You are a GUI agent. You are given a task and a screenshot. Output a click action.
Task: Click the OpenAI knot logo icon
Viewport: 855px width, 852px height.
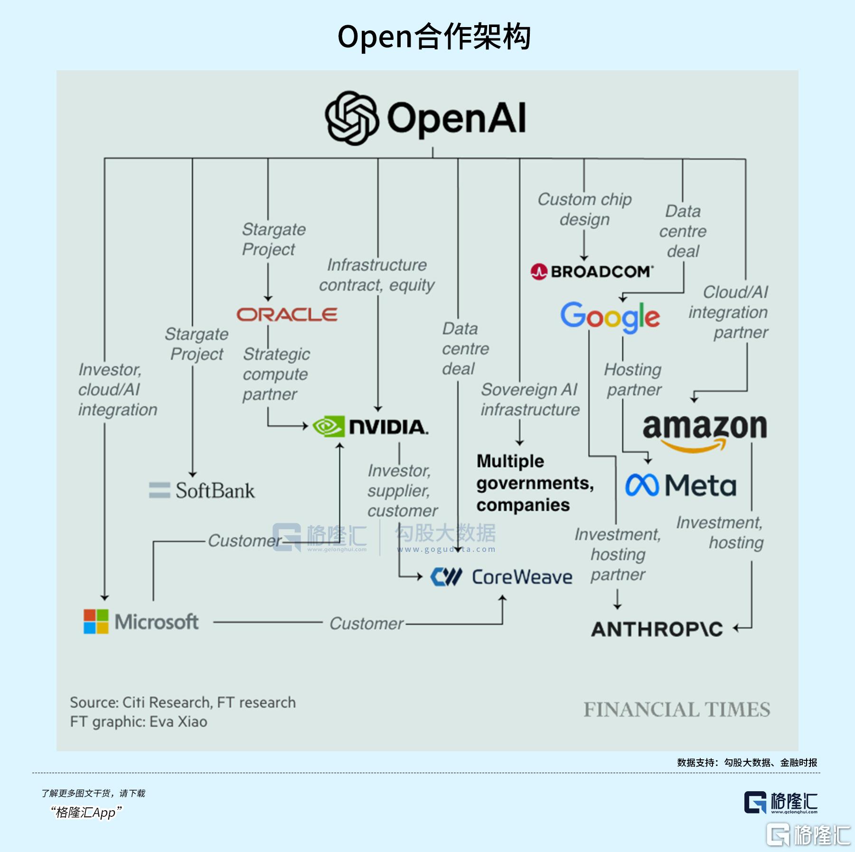click(x=352, y=118)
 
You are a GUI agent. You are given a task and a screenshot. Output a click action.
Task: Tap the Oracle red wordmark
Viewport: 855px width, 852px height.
click(x=287, y=314)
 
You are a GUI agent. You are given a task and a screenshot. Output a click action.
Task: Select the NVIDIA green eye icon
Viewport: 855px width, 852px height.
click(x=328, y=426)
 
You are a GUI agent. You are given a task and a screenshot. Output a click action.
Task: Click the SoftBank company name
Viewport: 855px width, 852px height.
click(x=215, y=491)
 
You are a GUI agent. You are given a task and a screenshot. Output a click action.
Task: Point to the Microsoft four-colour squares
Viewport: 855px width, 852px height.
click(x=96, y=622)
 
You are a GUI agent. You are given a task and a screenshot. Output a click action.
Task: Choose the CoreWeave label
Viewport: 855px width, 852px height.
click(x=522, y=577)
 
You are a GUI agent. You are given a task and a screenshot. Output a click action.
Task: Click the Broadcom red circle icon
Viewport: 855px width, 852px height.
click(x=539, y=272)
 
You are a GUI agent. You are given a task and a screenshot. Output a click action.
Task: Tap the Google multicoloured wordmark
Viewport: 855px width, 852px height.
click(x=610, y=317)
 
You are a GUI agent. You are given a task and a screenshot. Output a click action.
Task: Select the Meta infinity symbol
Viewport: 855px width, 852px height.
click(x=642, y=485)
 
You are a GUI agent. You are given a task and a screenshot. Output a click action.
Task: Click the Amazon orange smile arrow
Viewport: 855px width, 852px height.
click(x=693, y=446)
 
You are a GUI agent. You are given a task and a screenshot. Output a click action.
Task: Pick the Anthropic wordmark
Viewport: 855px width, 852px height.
click(x=657, y=629)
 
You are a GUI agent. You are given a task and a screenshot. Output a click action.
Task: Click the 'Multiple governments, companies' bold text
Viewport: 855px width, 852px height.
click(x=535, y=483)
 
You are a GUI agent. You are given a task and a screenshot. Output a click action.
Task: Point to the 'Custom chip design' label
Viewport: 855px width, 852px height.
click(x=584, y=209)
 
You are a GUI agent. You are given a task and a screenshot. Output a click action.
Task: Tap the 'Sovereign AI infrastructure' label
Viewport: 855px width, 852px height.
click(x=530, y=399)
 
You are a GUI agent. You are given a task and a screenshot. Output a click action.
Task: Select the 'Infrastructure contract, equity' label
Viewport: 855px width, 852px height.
click(x=376, y=275)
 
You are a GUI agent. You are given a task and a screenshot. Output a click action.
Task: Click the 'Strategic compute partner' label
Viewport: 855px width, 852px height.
click(x=276, y=374)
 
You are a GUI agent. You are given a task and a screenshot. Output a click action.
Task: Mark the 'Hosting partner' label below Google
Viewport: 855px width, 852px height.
click(x=633, y=379)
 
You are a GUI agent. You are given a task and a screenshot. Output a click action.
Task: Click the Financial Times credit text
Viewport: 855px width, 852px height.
click(x=676, y=710)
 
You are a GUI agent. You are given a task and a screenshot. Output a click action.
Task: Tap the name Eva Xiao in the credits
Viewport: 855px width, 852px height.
click(x=178, y=722)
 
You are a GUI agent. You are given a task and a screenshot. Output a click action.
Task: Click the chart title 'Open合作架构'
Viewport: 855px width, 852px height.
click(x=433, y=37)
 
